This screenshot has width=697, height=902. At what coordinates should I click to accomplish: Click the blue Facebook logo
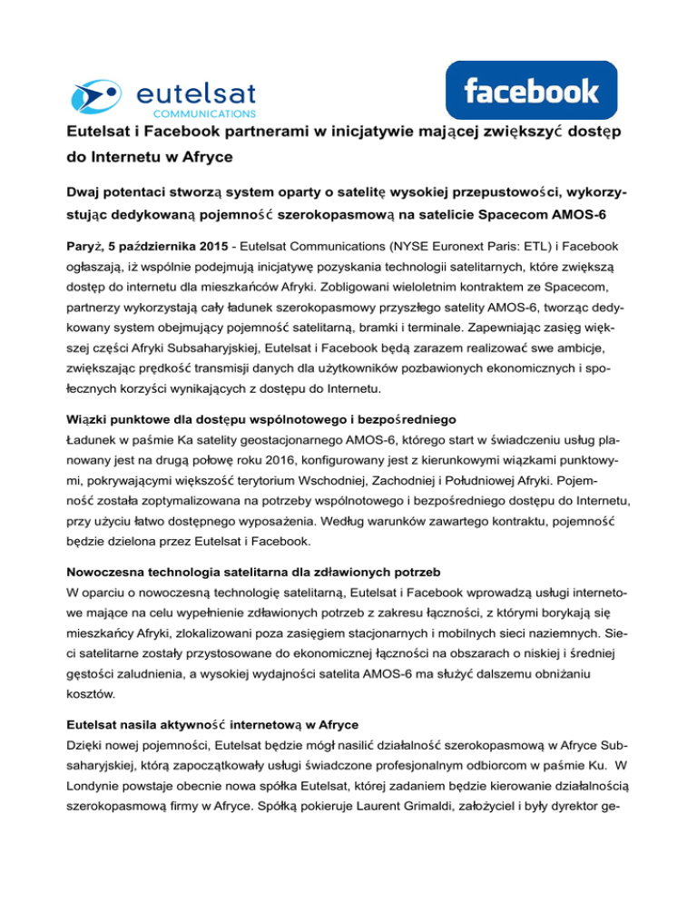pos(531,92)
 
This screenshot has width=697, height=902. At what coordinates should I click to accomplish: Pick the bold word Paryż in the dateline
pos(85,250)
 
